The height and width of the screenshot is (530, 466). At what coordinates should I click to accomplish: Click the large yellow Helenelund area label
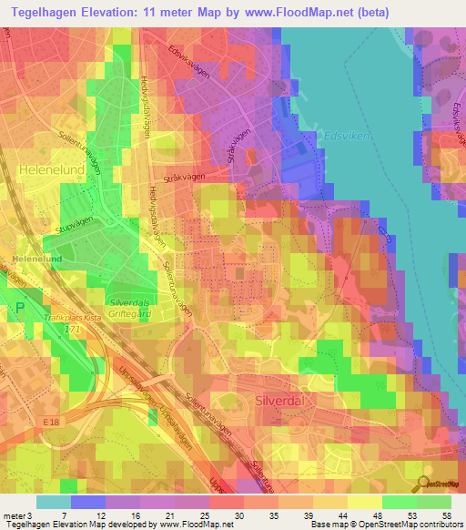click(51, 169)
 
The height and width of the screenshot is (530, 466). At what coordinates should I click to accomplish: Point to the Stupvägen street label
click(75, 224)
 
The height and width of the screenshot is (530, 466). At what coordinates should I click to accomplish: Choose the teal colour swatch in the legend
click(54, 502)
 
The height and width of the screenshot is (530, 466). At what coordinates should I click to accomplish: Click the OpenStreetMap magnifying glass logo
click(425, 484)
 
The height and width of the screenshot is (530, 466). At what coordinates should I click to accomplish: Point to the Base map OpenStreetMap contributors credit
click(385, 525)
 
